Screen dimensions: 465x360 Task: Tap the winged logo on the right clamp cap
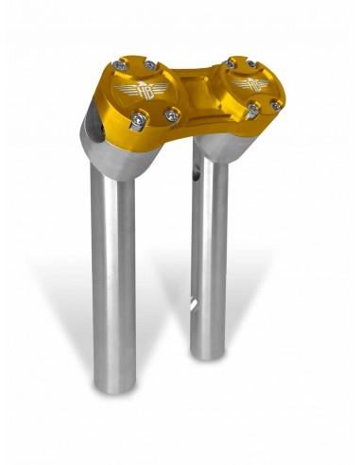point(244,85)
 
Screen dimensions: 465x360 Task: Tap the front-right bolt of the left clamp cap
point(172,114)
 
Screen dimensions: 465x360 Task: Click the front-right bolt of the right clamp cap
point(275,105)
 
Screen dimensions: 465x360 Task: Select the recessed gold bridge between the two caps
point(194,95)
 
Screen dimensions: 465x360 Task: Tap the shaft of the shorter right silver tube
point(209,265)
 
